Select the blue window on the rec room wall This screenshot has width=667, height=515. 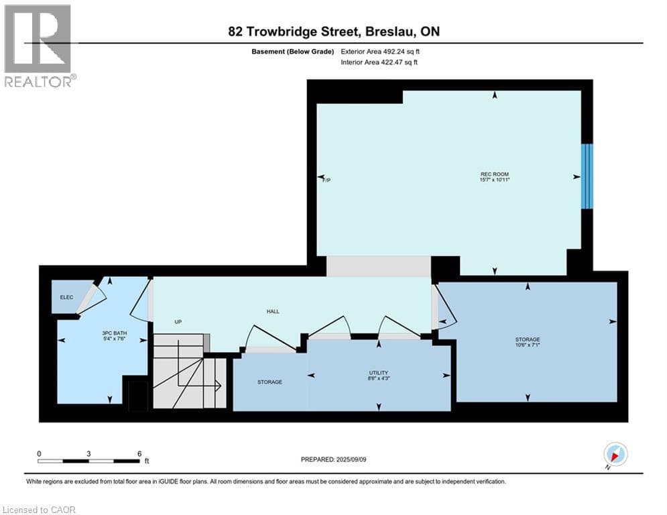click(x=587, y=176)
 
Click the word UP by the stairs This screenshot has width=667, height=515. click(x=178, y=322)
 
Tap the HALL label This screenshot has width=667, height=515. click(x=273, y=311)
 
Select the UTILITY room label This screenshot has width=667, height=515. click(x=379, y=372)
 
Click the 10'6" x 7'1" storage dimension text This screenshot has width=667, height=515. click(x=528, y=347)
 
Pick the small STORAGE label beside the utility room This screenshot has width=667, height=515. click(x=270, y=382)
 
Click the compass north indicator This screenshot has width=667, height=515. click(x=615, y=455)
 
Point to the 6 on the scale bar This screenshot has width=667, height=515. click(x=139, y=453)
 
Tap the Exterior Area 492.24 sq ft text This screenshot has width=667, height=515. click(x=381, y=51)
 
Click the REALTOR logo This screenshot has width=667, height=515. click(x=39, y=46)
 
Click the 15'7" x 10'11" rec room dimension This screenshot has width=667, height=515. click(x=495, y=180)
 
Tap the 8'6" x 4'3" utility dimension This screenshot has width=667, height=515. click(x=379, y=379)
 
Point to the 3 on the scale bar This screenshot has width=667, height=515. click(x=88, y=453)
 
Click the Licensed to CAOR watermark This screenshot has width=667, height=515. click(x=39, y=510)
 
